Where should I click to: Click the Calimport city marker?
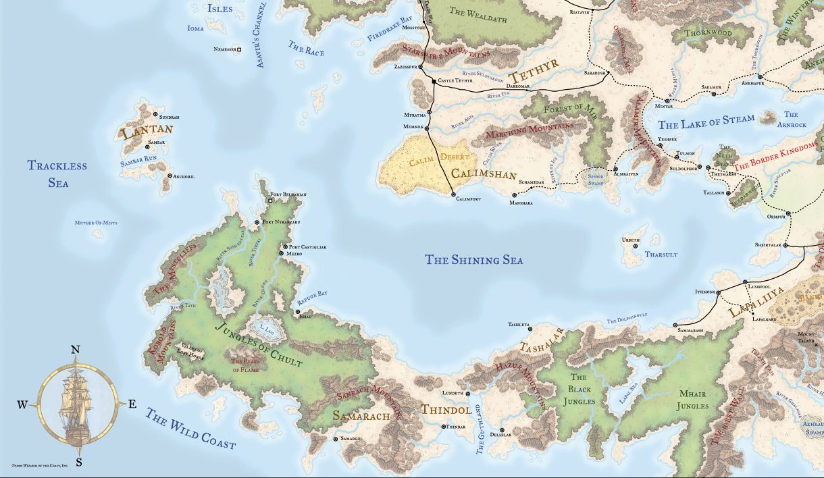pos(453,194)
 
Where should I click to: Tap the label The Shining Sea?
pos(473,260)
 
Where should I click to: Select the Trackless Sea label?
pos(57,174)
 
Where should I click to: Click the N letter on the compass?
pos(76,350)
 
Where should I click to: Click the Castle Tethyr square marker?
pos(434,82)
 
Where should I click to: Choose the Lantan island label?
pos(147,130)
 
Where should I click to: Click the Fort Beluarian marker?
pos(271,201)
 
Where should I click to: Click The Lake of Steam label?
pos(706,122)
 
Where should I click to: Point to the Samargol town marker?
pos(336,439)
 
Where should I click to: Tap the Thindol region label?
pos(446,409)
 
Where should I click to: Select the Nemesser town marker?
pos(238,49)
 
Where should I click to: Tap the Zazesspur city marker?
pos(420,68)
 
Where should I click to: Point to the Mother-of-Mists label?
pos(95,222)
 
